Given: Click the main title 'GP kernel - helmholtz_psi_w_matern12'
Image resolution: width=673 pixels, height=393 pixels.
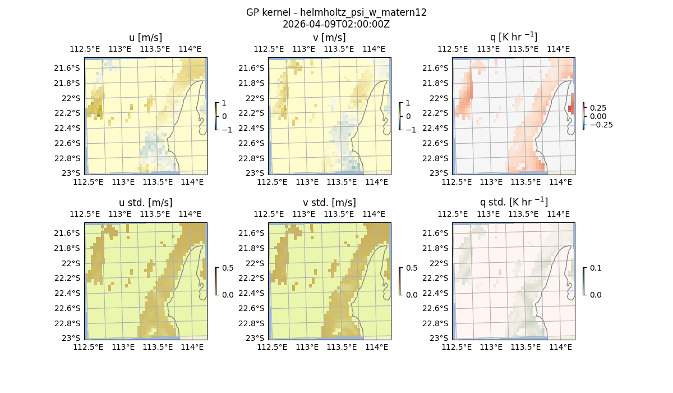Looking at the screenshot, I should pyautogui.click(x=336, y=12).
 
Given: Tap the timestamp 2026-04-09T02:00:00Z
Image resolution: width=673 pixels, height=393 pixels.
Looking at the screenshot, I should pyautogui.click(x=336, y=24).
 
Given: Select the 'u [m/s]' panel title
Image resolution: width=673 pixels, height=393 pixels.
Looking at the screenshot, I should pyautogui.click(x=145, y=38).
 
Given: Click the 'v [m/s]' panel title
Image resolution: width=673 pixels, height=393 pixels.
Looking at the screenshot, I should pyautogui.click(x=329, y=38).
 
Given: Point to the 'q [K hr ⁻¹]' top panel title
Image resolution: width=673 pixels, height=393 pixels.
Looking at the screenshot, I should pyautogui.click(x=513, y=38).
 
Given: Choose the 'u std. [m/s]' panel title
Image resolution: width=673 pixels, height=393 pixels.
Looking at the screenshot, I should pyautogui.click(x=145, y=203).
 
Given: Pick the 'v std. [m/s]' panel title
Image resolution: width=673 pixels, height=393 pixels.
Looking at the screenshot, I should pyautogui.click(x=329, y=203).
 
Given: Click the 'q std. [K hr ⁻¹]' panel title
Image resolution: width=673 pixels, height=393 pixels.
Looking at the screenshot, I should pyautogui.click(x=513, y=203).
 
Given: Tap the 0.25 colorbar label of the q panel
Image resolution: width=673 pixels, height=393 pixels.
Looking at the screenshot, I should pyautogui.click(x=600, y=108).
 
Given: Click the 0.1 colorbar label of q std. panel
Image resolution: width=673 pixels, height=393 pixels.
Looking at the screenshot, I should pyautogui.click(x=594, y=268).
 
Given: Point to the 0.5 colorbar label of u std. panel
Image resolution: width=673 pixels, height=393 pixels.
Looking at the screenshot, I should pyautogui.click(x=228, y=268).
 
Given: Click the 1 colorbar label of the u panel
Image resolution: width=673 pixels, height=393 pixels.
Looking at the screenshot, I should pyautogui.click(x=224, y=103).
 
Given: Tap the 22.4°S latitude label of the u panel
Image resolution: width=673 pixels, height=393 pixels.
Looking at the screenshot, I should pyautogui.click(x=67, y=128).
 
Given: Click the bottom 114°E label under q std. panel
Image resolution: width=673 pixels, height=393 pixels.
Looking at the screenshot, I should pyautogui.click(x=560, y=347).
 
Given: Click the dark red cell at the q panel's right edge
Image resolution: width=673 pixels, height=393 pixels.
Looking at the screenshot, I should pyautogui.click(x=570, y=108).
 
